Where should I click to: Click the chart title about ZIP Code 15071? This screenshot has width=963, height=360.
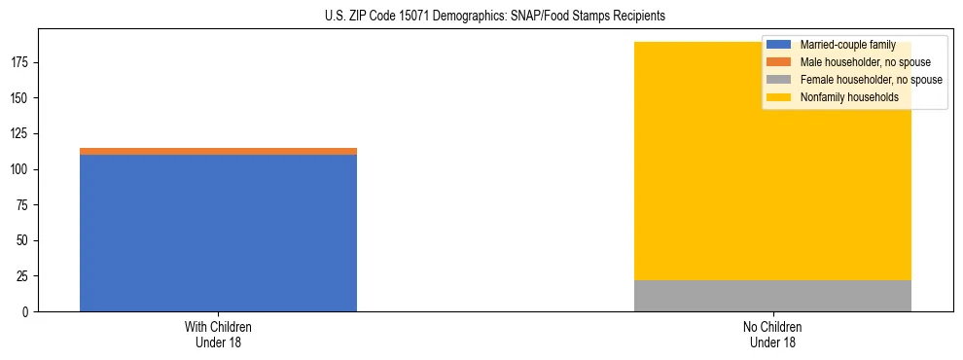tap(495, 17)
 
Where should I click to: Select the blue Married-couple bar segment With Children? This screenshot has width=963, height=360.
tap(218, 233)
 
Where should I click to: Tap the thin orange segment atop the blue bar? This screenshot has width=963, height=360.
tap(218, 151)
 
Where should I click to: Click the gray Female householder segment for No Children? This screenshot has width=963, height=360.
tap(772, 296)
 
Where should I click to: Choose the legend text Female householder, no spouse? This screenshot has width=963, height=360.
tap(870, 80)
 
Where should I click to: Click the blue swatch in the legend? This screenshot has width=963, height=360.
tap(779, 45)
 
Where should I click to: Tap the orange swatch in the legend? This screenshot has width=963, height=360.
tap(779, 62)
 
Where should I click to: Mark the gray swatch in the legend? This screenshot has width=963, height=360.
tap(779, 80)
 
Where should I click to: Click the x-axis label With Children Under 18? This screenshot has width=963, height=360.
tap(218, 334)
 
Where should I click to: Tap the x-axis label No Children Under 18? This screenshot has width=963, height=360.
tap(772, 334)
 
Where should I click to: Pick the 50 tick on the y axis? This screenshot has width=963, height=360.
tap(24, 240)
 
